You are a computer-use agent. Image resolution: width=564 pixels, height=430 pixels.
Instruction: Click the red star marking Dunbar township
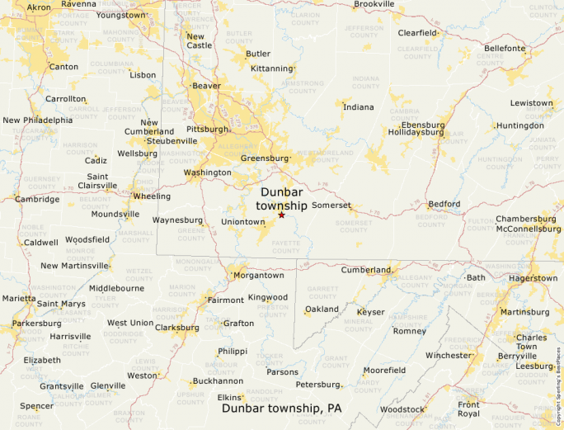coord(281,215)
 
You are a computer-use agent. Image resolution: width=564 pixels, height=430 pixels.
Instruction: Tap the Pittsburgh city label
coord(207,130)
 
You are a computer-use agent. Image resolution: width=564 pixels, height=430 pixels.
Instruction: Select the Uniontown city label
coord(242,222)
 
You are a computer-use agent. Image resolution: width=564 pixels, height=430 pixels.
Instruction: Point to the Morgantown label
coord(258,275)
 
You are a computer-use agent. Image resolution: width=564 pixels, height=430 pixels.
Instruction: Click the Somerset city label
coord(331,206)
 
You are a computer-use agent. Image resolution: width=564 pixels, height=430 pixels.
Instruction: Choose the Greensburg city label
coord(264,158)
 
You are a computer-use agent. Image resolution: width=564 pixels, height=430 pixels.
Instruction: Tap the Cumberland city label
coord(365,270)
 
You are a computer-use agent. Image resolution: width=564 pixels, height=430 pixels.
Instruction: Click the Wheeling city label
coord(152,196)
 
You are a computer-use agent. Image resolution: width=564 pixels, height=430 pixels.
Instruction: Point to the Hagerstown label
coord(533,278)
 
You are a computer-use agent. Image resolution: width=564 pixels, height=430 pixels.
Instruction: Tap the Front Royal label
coord(468,409)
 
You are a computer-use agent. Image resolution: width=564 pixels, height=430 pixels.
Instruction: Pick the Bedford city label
coord(444,204)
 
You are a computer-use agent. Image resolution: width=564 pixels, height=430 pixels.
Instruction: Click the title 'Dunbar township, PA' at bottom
coord(281,409)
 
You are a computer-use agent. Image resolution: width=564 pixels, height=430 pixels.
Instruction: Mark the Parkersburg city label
coord(36,324)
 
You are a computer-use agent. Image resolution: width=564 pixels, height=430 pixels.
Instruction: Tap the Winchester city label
coord(448,356)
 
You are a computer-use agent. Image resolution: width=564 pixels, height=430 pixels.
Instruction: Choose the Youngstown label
coord(121,15)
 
